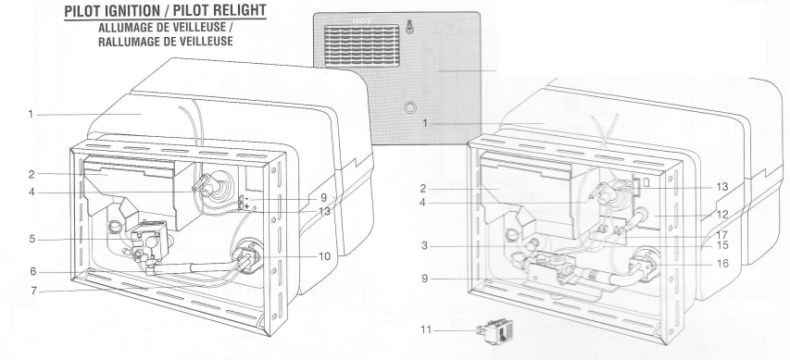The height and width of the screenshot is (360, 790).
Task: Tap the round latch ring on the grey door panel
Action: click(x=410, y=108)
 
